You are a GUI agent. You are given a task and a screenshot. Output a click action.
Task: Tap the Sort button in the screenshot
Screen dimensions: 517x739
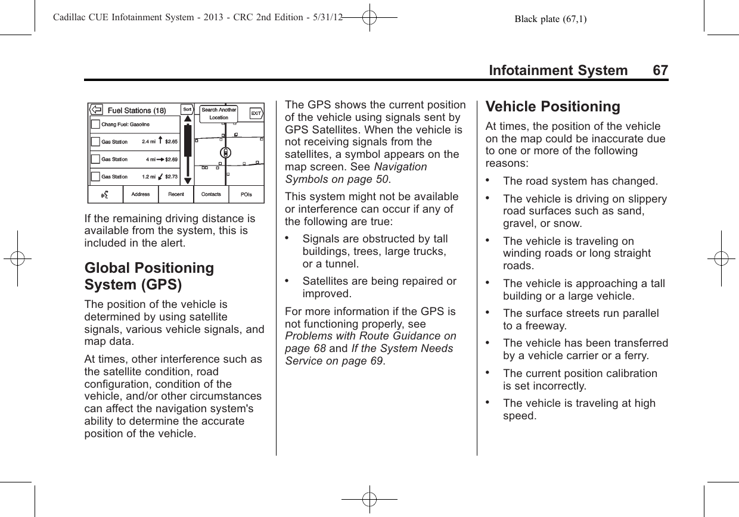187,110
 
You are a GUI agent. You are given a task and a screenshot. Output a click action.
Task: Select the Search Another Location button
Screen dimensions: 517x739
219,113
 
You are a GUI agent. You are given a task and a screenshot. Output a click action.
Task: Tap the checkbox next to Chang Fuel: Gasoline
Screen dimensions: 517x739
95,124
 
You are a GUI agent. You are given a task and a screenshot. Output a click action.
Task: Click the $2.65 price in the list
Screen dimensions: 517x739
172,142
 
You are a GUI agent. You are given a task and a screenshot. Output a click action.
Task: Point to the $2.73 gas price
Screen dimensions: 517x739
171,176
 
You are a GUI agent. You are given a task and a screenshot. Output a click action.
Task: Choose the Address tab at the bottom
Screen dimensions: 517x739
141,194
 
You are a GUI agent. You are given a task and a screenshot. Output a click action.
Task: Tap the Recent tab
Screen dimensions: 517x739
176,194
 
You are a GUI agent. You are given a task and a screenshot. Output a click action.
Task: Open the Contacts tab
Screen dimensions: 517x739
211,194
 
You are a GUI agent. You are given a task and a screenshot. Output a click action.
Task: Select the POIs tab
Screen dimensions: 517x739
246,194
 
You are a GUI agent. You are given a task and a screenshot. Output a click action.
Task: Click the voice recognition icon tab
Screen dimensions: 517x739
106,194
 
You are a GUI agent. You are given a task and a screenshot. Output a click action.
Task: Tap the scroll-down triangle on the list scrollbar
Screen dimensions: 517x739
187,180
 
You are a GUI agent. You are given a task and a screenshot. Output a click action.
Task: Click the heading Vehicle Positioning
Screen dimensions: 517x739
552,107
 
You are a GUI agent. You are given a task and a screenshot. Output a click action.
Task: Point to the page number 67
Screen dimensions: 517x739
660,71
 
